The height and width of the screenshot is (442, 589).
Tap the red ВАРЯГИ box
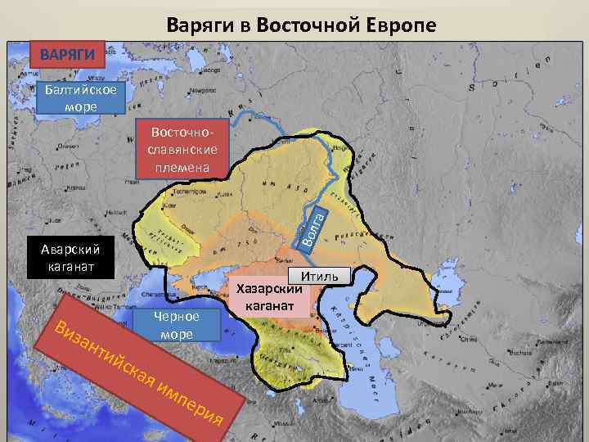pos(68,56)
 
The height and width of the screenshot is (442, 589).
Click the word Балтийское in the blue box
pos(81,92)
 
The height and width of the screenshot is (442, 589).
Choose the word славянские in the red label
pos(182,150)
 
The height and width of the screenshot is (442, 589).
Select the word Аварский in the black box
pos(64,250)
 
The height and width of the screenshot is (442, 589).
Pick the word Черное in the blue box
pos(177,318)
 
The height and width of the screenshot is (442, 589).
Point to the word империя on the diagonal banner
pos(193,401)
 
